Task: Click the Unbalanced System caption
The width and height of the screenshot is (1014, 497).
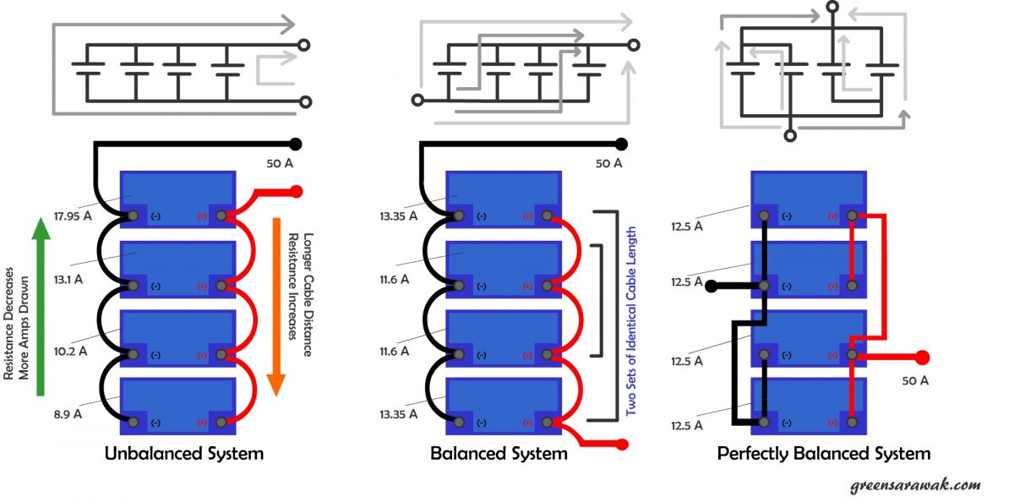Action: point(183,454)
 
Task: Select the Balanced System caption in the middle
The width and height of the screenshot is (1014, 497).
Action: point(499,454)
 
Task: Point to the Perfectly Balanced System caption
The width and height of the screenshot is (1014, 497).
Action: point(824,454)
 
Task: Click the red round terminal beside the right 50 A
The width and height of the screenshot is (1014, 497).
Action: point(922,357)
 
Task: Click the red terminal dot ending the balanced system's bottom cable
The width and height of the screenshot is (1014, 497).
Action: point(624,444)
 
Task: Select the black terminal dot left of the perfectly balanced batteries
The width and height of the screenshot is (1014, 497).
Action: point(711,286)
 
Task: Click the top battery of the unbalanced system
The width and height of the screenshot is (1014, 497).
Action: point(177,189)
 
